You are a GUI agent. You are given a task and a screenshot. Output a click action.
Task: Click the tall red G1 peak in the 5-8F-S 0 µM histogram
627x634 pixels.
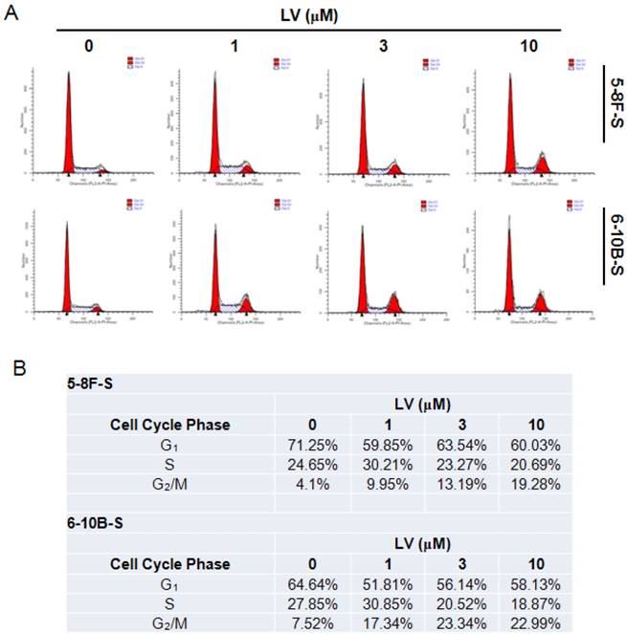pyautogui.click(x=69, y=134)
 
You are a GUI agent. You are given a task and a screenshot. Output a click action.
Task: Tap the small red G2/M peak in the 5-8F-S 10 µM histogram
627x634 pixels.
pyautogui.click(x=543, y=167)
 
